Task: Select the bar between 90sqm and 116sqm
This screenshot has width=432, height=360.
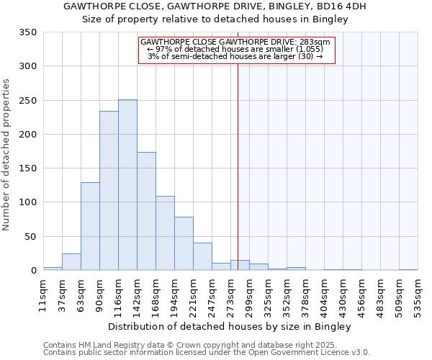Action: click(109, 191)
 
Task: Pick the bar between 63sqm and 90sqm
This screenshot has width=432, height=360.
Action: click(90, 226)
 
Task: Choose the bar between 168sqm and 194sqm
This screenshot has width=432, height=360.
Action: click(165, 233)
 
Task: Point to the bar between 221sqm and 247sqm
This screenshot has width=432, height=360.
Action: click(202, 256)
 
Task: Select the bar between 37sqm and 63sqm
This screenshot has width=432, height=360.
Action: click(71, 262)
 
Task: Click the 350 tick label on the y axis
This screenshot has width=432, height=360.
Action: click(28, 32)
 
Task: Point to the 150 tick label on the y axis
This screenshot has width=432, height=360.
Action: click(28, 168)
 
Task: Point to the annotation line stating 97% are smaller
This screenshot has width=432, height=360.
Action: click(235, 49)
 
